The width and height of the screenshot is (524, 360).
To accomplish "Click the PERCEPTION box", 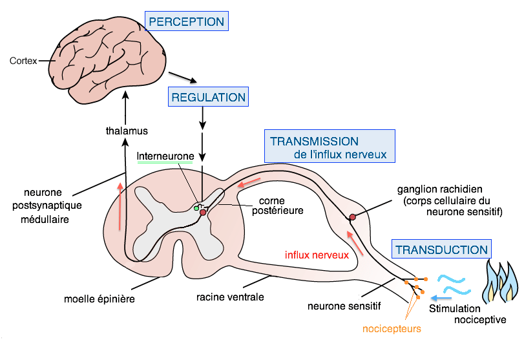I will click(187, 21).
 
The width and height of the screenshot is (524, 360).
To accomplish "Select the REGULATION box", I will click(208, 98).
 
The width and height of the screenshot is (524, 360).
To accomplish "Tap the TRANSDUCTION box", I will click(441, 249).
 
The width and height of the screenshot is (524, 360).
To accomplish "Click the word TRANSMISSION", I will click(314, 141).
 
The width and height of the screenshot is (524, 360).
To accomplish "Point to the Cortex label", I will click(23, 61).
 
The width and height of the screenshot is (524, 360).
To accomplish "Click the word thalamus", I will click(127, 131).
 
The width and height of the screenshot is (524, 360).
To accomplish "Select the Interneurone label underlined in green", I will click(165, 156).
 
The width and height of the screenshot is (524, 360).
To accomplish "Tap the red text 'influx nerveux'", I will click(317, 255).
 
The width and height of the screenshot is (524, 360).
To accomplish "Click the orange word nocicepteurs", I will click(392, 328).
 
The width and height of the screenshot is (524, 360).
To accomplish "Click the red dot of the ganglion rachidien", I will click(352, 217).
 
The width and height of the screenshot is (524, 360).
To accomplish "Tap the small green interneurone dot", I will click(196, 208).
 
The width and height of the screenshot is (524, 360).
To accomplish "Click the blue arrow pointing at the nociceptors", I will click(441, 298).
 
